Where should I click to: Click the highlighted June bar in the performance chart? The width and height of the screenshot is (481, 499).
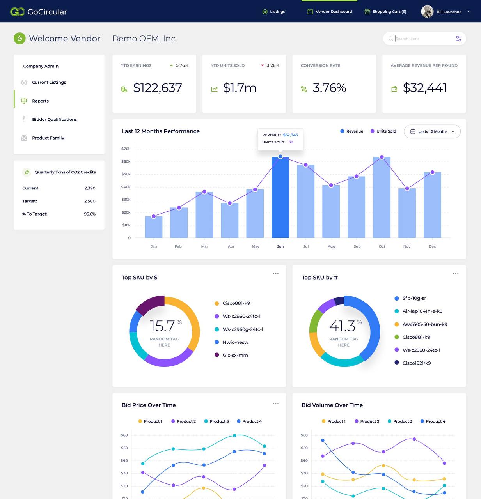280,197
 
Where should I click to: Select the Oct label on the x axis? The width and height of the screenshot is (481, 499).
382,246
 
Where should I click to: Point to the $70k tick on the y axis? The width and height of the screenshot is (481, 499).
126,149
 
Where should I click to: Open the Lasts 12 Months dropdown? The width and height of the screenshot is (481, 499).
432,131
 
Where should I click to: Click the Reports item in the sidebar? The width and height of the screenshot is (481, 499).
40,101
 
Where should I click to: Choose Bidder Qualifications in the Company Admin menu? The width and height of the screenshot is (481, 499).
54,119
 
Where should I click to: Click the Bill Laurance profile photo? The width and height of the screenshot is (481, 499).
427,12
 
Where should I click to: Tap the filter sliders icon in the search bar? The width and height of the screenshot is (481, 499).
458,39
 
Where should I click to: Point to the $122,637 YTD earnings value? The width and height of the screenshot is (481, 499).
158,88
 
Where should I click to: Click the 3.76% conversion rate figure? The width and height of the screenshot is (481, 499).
329,88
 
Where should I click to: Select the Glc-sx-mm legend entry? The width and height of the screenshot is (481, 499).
231,355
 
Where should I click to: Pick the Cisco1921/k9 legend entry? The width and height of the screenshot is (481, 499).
412,363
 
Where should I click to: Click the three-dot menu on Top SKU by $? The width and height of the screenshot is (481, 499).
276,273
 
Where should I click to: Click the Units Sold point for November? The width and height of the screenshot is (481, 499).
407,188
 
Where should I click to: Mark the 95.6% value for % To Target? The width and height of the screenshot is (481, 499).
90,214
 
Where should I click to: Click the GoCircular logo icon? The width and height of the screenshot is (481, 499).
17,12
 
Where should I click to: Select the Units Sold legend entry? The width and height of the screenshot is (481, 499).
383,131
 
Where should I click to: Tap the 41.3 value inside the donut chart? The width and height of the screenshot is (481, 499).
342,326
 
